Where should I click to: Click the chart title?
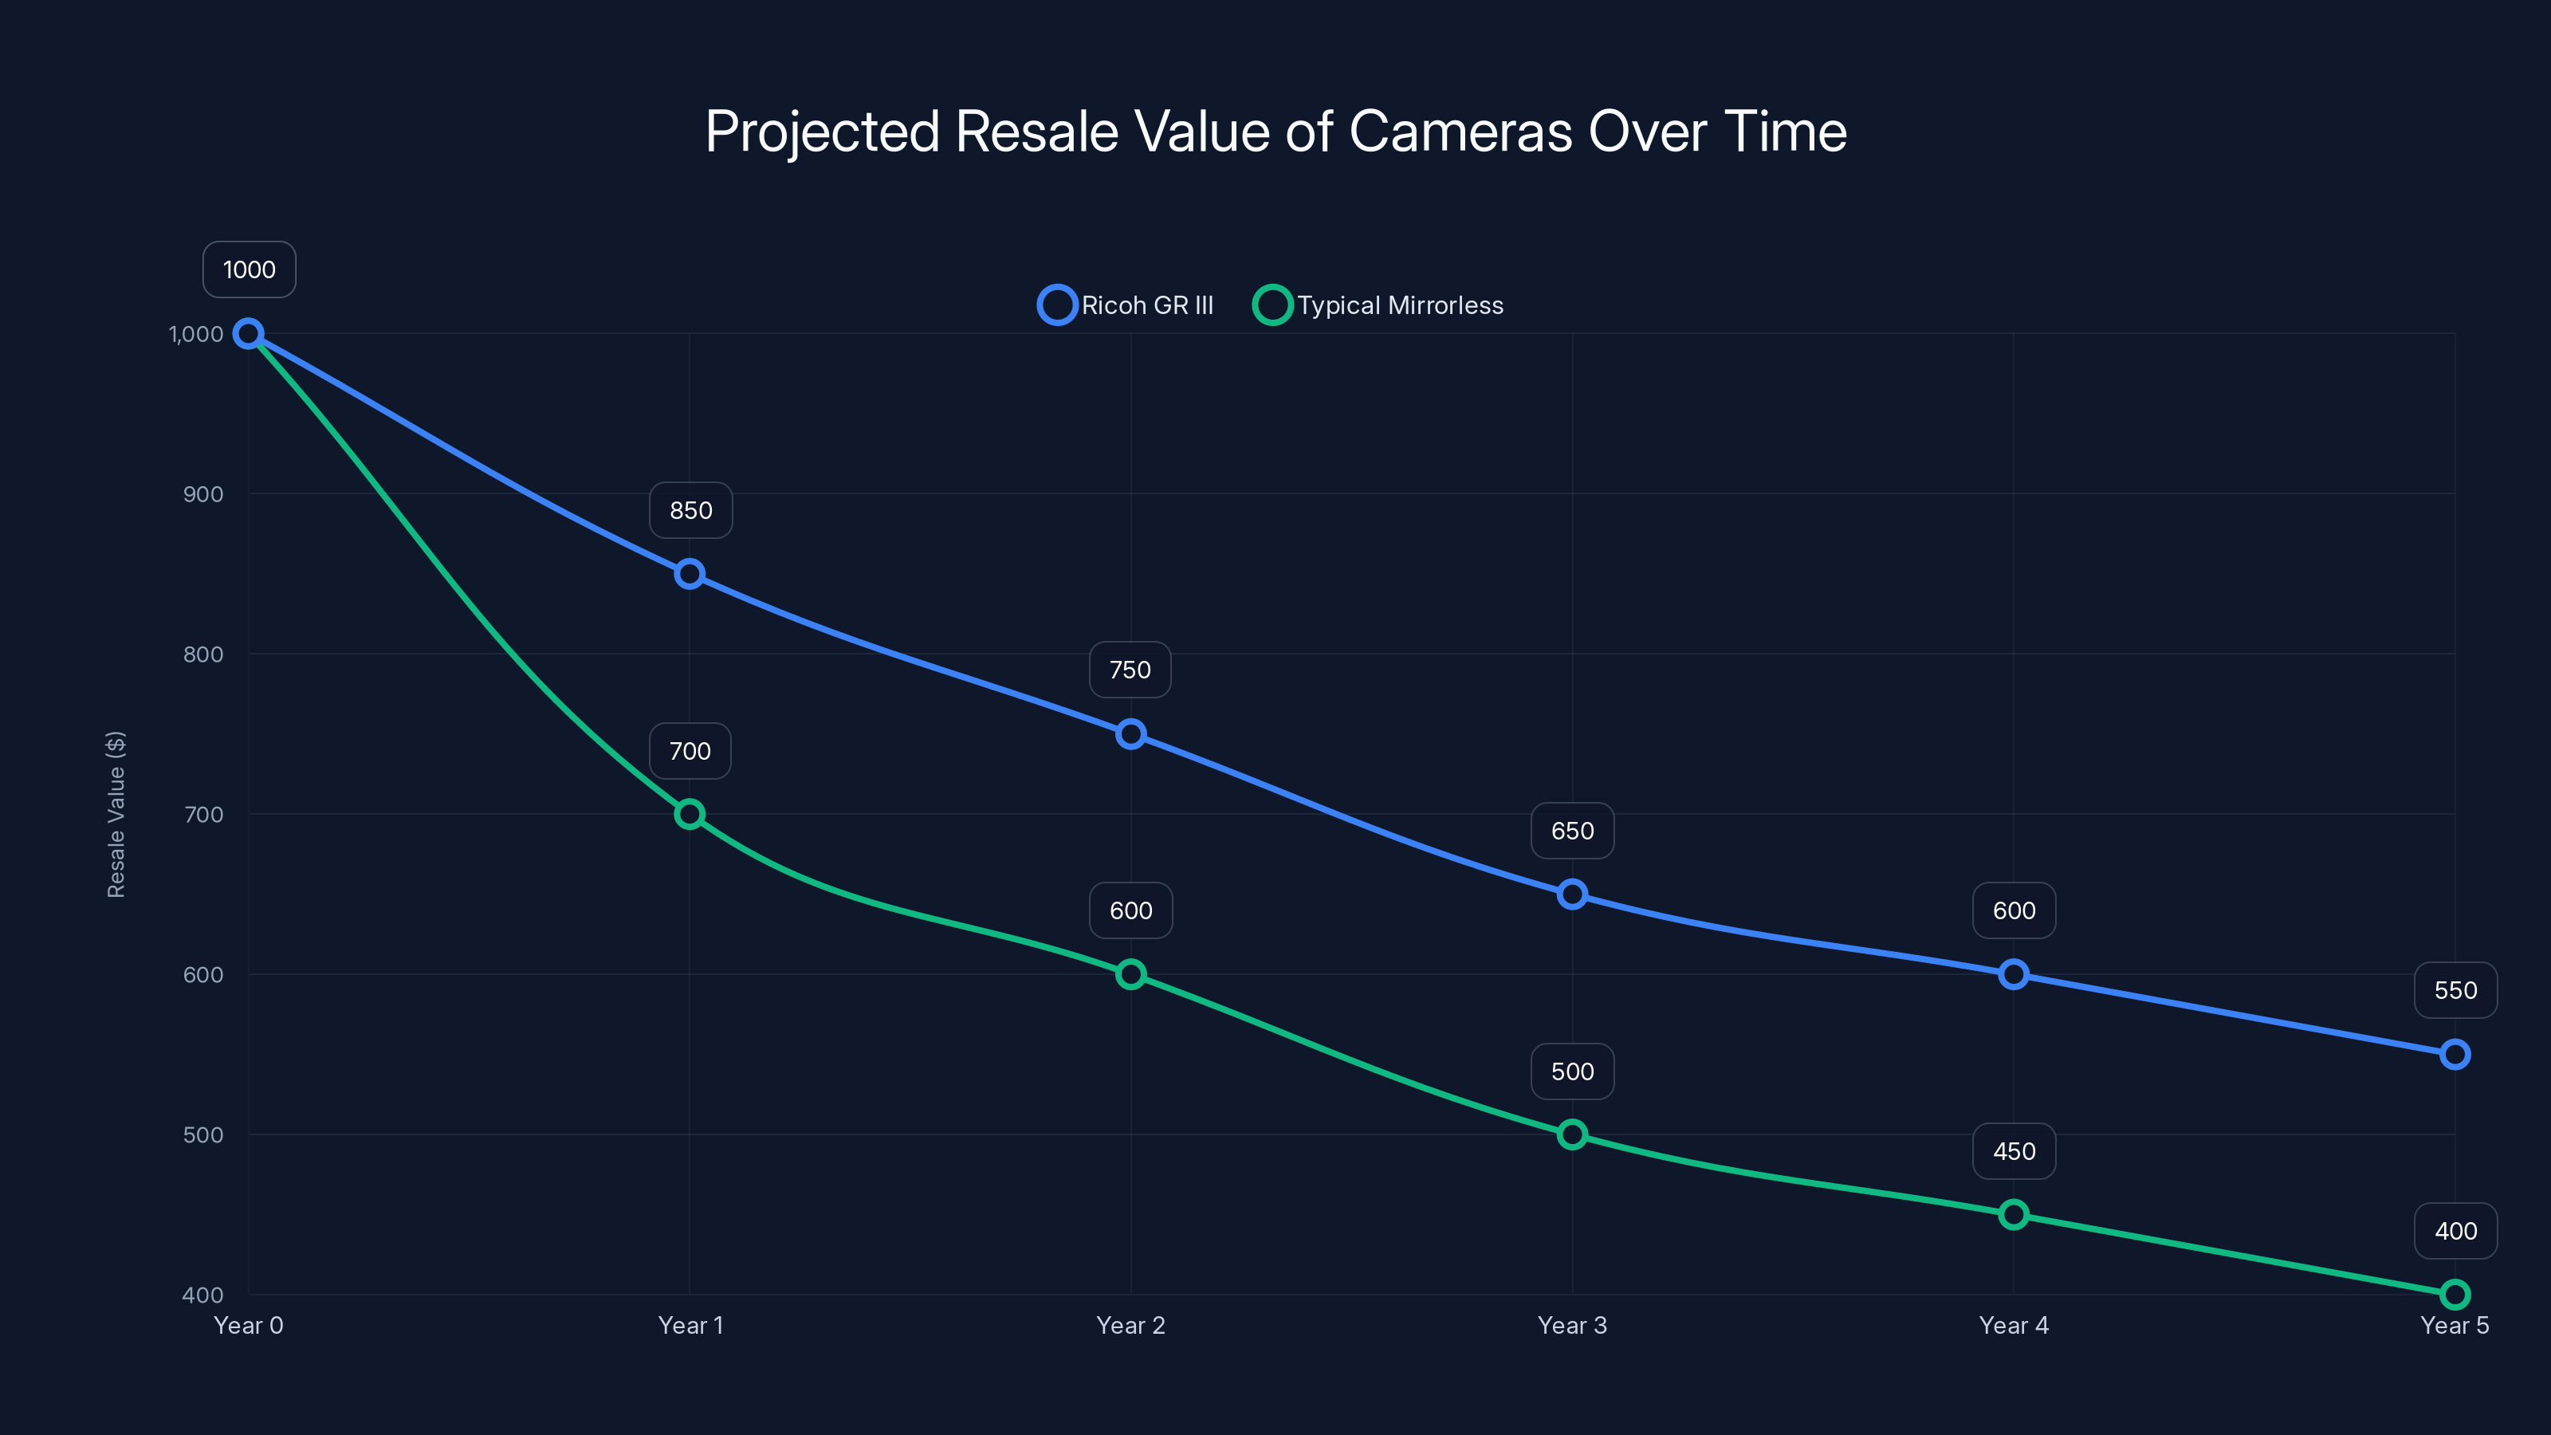[x=1275, y=132]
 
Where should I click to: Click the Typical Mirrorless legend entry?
[x=1378, y=305]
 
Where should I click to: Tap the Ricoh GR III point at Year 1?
[x=690, y=573]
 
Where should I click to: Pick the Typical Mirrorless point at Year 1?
[x=690, y=814]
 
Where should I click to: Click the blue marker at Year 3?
[x=1571, y=894]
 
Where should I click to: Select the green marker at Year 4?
[x=2013, y=1214]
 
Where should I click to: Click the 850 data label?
[x=690, y=510]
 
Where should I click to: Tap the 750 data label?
[x=1130, y=670]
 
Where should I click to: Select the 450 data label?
[x=2013, y=1150]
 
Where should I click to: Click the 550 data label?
[x=2455, y=990]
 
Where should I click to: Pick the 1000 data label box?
[x=249, y=269]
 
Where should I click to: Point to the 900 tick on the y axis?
[x=203, y=494]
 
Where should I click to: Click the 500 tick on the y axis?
[x=203, y=1135]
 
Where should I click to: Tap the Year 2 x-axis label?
[x=1130, y=1325]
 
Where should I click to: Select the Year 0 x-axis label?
[x=249, y=1325]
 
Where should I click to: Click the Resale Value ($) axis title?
[x=116, y=814]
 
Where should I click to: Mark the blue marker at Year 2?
[x=1130, y=733]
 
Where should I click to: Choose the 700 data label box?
[x=690, y=751]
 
